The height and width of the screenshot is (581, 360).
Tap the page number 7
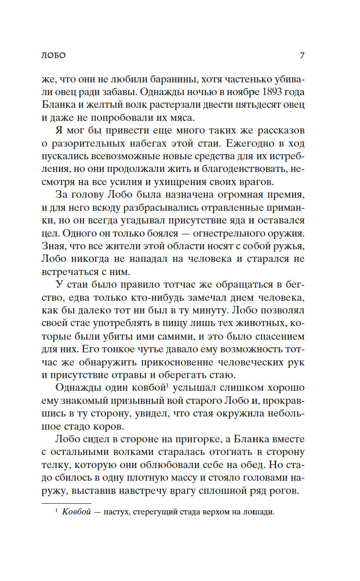pos(302,55)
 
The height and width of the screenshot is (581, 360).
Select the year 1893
pos(266,92)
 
